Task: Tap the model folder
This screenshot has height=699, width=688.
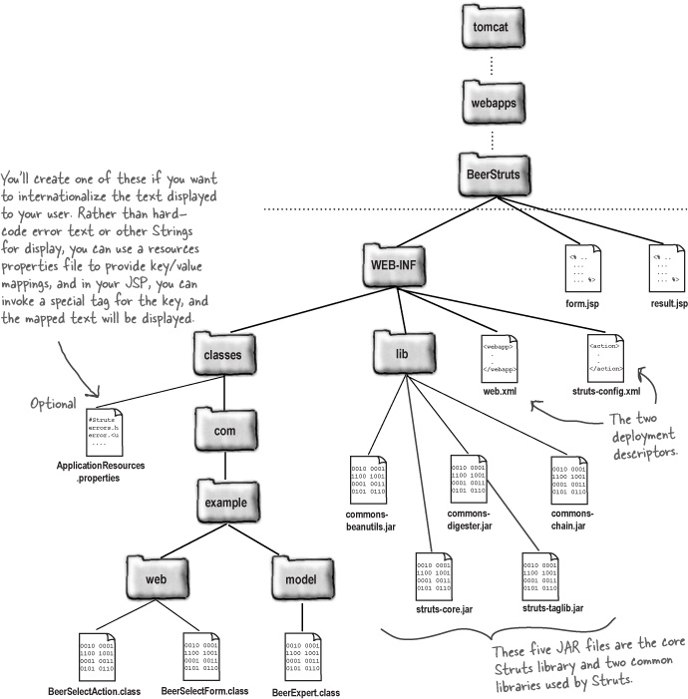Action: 302,579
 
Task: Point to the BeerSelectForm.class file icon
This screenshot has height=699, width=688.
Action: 203,656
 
